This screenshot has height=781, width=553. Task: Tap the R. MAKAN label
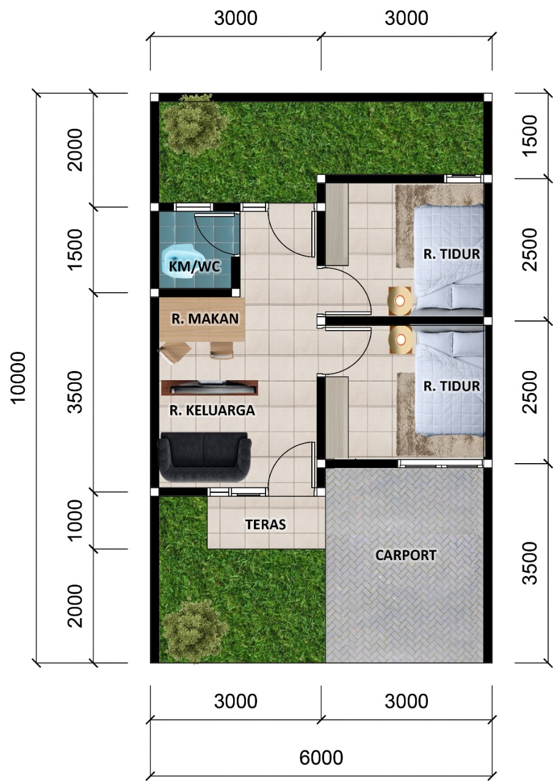click(x=204, y=318)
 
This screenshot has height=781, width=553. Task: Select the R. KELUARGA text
click(x=212, y=411)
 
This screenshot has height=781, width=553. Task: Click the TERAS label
click(x=266, y=524)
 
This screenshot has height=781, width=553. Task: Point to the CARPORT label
click(x=406, y=555)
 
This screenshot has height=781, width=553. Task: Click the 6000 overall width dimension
click(x=321, y=757)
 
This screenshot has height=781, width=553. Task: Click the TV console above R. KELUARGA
click(x=209, y=387)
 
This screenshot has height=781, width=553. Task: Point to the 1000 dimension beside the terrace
click(x=75, y=520)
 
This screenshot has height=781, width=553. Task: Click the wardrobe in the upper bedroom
click(x=336, y=224)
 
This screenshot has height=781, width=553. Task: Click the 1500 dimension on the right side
click(x=530, y=135)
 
